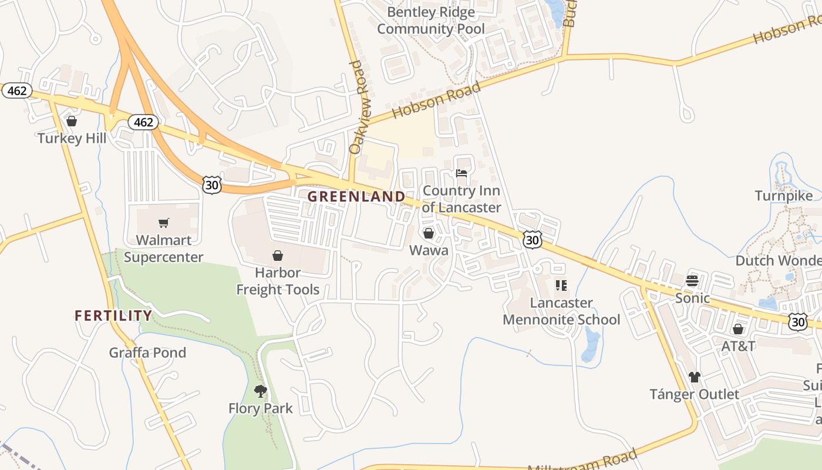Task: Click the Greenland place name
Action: pyautogui.click(x=356, y=196)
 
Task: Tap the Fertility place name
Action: pyautogui.click(x=113, y=315)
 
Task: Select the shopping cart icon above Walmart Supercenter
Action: pyautogui.click(x=164, y=223)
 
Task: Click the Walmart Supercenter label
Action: pyautogui.click(x=164, y=249)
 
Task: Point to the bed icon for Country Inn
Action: pyautogui.click(x=461, y=174)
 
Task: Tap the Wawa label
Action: pyautogui.click(x=429, y=250)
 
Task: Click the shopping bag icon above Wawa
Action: pyautogui.click(x=429, y=234)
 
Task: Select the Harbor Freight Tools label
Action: pyautogui.click(x=278, y=281)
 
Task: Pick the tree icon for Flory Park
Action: pyautogui.click(x=260, y=391)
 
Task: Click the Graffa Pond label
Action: pyautogui.click(x=147, y=352)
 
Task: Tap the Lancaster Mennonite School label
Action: pyautogui.click(x=561, y=311)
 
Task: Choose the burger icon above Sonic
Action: pyautogui.click(x=692, y=280)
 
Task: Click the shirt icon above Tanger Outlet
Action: pyautogui.click(x=695, y=377)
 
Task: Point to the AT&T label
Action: pyautogui.click(x=738, y=346)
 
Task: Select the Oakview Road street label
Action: pyautogui.click(x=356, y=108)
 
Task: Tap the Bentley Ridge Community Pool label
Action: pyautogui.click(x=431, y=21)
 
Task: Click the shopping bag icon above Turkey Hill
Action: pyautogui.click(x=72, y=122)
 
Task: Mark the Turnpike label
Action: pyautogui.click(x=784, y=196)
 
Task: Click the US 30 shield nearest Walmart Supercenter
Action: pyautogui.click(x=211, y=184)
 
